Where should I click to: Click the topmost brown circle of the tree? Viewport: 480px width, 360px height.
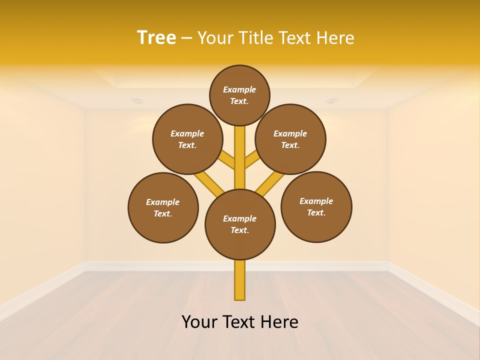coord(239,95)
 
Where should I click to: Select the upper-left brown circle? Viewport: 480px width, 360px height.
coord(187,139)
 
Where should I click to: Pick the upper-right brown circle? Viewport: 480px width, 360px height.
coord(290,139)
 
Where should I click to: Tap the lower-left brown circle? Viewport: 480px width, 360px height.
coord(163,207)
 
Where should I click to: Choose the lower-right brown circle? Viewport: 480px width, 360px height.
coord(316,206)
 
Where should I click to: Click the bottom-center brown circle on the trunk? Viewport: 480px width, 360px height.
coord(240,224)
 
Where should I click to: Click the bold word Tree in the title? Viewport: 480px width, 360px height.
coord(156,37)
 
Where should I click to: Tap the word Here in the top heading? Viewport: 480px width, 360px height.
coord(336,37)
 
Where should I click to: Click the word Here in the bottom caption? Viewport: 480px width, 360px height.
coord(279,322)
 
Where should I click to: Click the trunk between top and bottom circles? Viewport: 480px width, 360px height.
coord(240,160)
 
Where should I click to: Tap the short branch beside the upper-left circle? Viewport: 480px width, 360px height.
coord(227,160)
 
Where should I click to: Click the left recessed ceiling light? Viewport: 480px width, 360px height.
coord(137,101)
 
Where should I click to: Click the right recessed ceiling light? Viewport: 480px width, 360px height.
coord(331,101)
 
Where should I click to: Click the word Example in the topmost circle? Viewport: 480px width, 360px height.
coord(239,89)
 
